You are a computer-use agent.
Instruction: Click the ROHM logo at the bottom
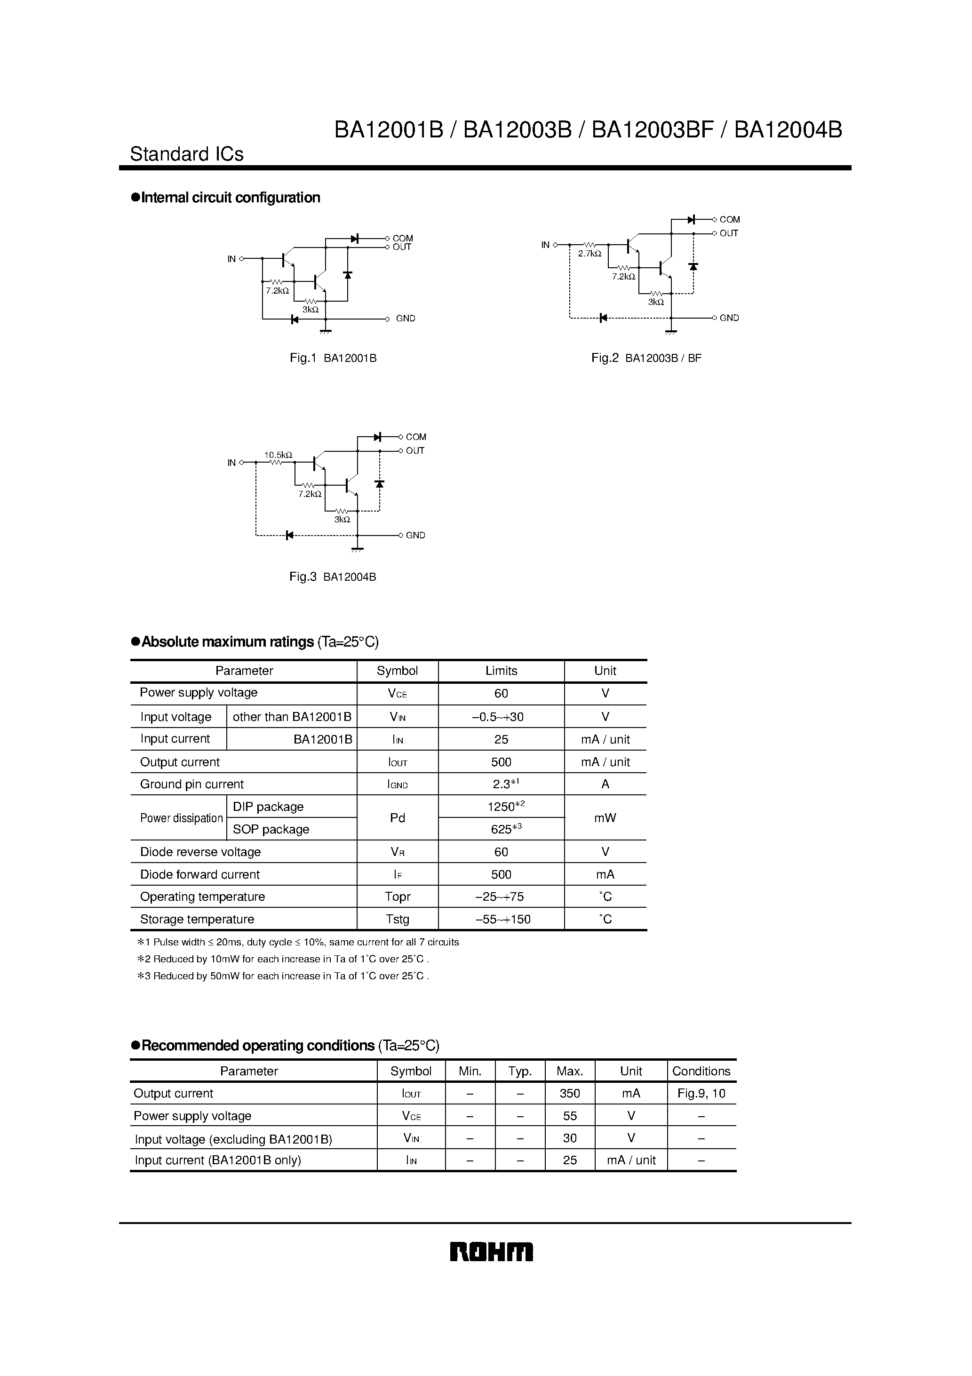pyautogui.click(x=491, y=1252)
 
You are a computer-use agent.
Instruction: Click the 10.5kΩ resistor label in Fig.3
pyautogui.click(x=278, y=454)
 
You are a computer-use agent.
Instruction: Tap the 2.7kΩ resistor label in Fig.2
pyautogui.click(x=589, y=254)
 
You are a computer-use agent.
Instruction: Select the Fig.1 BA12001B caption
pyautogui.click(x=333, y=359)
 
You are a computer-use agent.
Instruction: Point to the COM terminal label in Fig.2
pyautogui.click(x=729, y=219)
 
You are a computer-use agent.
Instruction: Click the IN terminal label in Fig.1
pyautogui.click(x=231, y=259)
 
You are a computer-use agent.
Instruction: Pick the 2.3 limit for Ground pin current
pyautogui.click(x=501, y=784)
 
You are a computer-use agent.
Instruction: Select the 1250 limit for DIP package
pyautogui.click(x=501, y=807)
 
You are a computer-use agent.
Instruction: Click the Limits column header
pyautogui.click(x=501, y=671)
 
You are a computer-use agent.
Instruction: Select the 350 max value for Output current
pyautogui.click(x=569, y=1094)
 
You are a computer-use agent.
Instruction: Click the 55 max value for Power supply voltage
pyautogui.click(x=569, y=1116)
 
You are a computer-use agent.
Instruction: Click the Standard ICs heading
pyautogui.click(x=186, y=154)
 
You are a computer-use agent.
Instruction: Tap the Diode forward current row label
pyautogui.click(x=199, y=874)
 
